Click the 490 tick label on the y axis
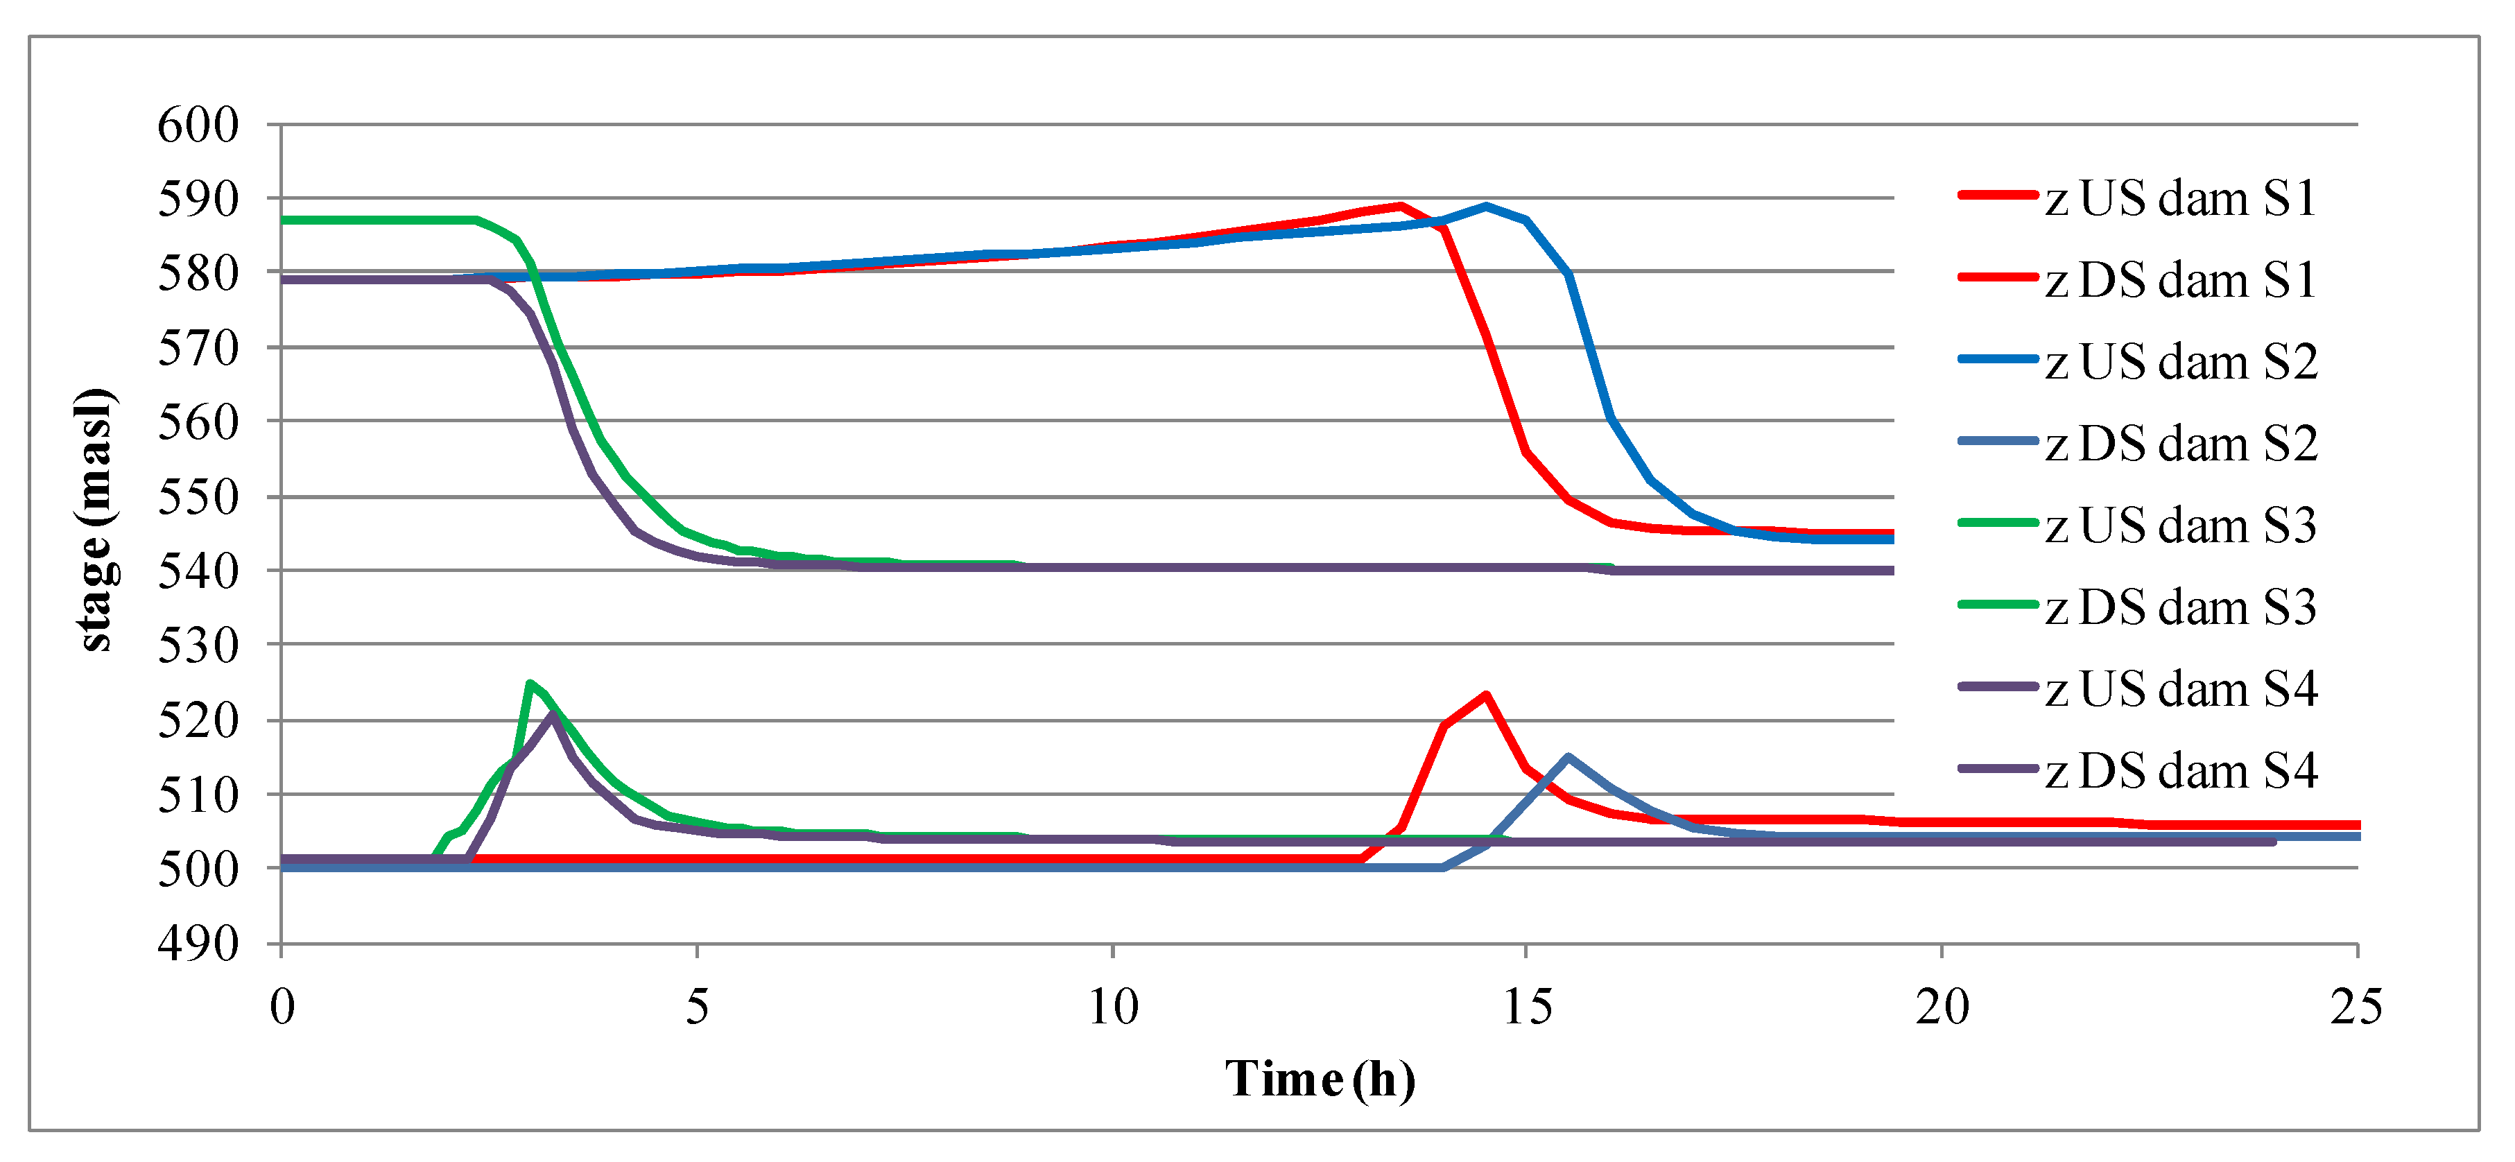[x=198, y=944]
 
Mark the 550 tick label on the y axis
[x=198, y=497]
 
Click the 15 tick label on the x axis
[x=1527, y=1007]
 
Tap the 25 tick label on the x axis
[x=2356, y=1007]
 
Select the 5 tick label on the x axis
[x=697, y=1007]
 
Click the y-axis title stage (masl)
[x=95, y=519]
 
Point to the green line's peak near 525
[x=529, y=684]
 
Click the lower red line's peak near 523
[x=1486, y=695]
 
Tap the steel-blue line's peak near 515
[x=1568, y=757]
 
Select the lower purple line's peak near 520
[x=553, y=715]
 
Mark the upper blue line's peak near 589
[x=1486, y=206]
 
